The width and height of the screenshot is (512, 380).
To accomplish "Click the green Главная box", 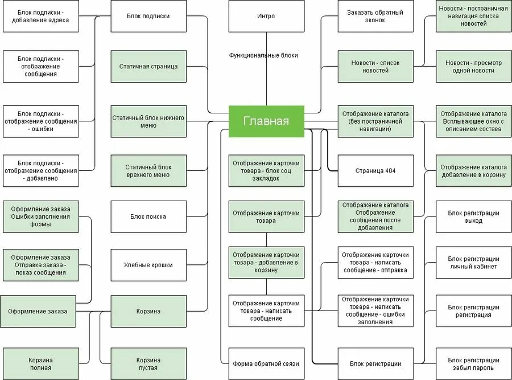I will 266,121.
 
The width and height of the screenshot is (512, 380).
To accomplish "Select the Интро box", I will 266,16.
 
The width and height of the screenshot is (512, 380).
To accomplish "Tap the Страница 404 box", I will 375,170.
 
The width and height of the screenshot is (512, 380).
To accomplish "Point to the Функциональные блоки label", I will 263,55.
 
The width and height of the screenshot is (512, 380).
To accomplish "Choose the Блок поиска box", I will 148,216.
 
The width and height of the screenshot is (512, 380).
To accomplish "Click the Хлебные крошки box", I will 148,265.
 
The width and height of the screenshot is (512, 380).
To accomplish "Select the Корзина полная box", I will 41,363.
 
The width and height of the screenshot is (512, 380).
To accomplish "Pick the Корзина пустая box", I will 148,363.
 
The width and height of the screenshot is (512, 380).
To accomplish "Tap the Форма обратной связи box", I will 266,363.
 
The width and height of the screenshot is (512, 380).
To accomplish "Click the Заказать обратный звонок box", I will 375,16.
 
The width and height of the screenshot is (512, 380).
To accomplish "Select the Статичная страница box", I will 148,66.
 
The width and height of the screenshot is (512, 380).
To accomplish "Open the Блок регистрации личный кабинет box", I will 474,262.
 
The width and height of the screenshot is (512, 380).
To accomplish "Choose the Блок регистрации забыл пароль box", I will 474,363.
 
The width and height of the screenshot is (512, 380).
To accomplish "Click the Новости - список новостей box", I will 375,66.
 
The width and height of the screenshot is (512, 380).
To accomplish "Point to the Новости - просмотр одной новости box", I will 474,66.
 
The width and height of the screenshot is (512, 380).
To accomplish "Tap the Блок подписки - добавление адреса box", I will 41,16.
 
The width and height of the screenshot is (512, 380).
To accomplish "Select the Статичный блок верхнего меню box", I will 148,170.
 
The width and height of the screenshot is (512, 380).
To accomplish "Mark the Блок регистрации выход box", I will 474,216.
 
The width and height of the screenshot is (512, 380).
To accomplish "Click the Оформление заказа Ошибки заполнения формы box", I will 41,216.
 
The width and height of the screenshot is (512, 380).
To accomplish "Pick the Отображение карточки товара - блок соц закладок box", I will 266,170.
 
